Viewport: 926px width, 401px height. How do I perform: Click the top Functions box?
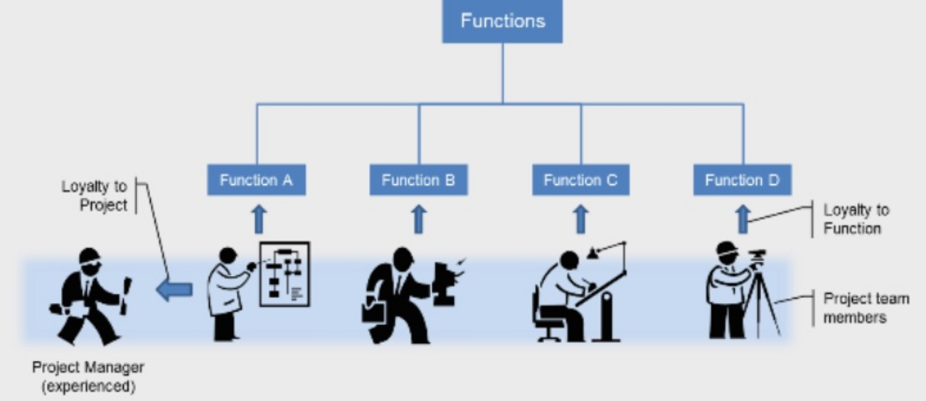pyautogui.click(x=502, y=21)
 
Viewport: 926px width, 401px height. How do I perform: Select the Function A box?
pyautogui.click(x=256, y=181)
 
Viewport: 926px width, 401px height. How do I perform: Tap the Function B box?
pyautogui.click(x=419, y=181)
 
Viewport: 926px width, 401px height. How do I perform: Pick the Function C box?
pyautogui.click(x=581, y=181)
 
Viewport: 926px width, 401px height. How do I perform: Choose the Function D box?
pyautogui.click(x=742, y=181)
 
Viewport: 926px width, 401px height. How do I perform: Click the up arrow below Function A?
pyautogui.click(x=259, y=219)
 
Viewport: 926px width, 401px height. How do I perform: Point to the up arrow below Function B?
pyautogui.click(x=419, y=219)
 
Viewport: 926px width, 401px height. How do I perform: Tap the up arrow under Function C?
pyautogui.click(x=581, y=219)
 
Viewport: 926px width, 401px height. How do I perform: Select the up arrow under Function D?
pyautogui.click(x=743, y=219)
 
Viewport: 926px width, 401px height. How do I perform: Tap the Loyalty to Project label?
pyautogui.click(x=94, y=195)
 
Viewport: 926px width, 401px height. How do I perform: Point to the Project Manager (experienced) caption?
pyautogui.click(x=88, y=377)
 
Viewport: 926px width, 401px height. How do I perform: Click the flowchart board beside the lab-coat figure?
pyautogui.click(x=284, y=273)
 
